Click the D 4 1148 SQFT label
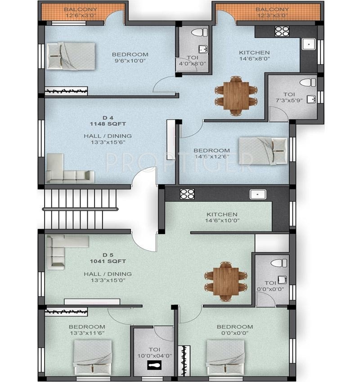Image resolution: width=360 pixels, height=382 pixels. [x=108, y=121]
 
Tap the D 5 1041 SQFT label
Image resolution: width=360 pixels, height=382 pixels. [x=108, y=258]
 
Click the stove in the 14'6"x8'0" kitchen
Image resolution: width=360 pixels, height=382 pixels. [x=282, y=31]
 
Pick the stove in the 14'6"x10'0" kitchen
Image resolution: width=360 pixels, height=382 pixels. [x=187, y=194]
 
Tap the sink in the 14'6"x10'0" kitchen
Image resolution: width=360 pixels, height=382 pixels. [x=258, y=195]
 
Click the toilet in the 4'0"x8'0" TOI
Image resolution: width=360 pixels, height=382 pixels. [x=199, y=32]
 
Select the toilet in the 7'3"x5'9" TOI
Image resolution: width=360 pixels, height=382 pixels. [x=307, y=82]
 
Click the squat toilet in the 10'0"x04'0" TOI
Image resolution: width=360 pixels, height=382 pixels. [x=154, y=365]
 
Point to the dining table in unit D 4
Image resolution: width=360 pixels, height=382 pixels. [x=236, y=96]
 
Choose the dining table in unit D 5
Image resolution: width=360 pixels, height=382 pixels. [x=225, y=281]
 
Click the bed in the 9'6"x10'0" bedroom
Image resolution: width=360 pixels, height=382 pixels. [x=71, y=56]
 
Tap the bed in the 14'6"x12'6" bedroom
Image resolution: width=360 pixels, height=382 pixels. [x=263, y=151]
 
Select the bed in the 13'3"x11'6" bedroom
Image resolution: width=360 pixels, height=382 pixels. [x=93, y=357]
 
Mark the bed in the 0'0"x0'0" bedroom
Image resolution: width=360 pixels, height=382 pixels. [x=225, y=357]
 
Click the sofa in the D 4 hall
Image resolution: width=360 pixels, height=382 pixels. [x=70, y=169]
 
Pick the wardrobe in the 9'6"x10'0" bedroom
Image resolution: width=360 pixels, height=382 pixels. [x=66, y=91]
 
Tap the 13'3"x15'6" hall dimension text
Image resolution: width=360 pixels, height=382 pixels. [x=108, y=142]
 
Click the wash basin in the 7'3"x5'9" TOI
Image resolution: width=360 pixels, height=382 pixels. [x=311, y=99]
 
